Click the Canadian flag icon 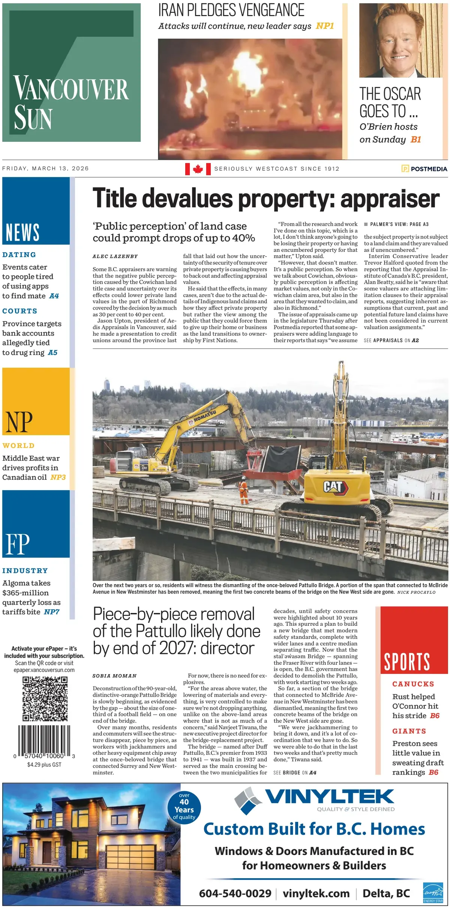point(198,169)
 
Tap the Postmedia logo point(424,169)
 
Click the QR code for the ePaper point(45,699)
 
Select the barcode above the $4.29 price point(44,742)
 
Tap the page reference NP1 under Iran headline point(325,26)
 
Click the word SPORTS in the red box point(407,662)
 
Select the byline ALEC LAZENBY point(115,256)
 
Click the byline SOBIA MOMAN point(114,676)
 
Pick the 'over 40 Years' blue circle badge point(184,808)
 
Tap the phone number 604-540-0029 point(235,893)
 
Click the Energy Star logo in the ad point(433,893)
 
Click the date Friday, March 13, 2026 point(45,168)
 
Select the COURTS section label point(20,311)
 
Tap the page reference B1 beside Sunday point(416,140)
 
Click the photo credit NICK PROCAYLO point(416,592)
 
